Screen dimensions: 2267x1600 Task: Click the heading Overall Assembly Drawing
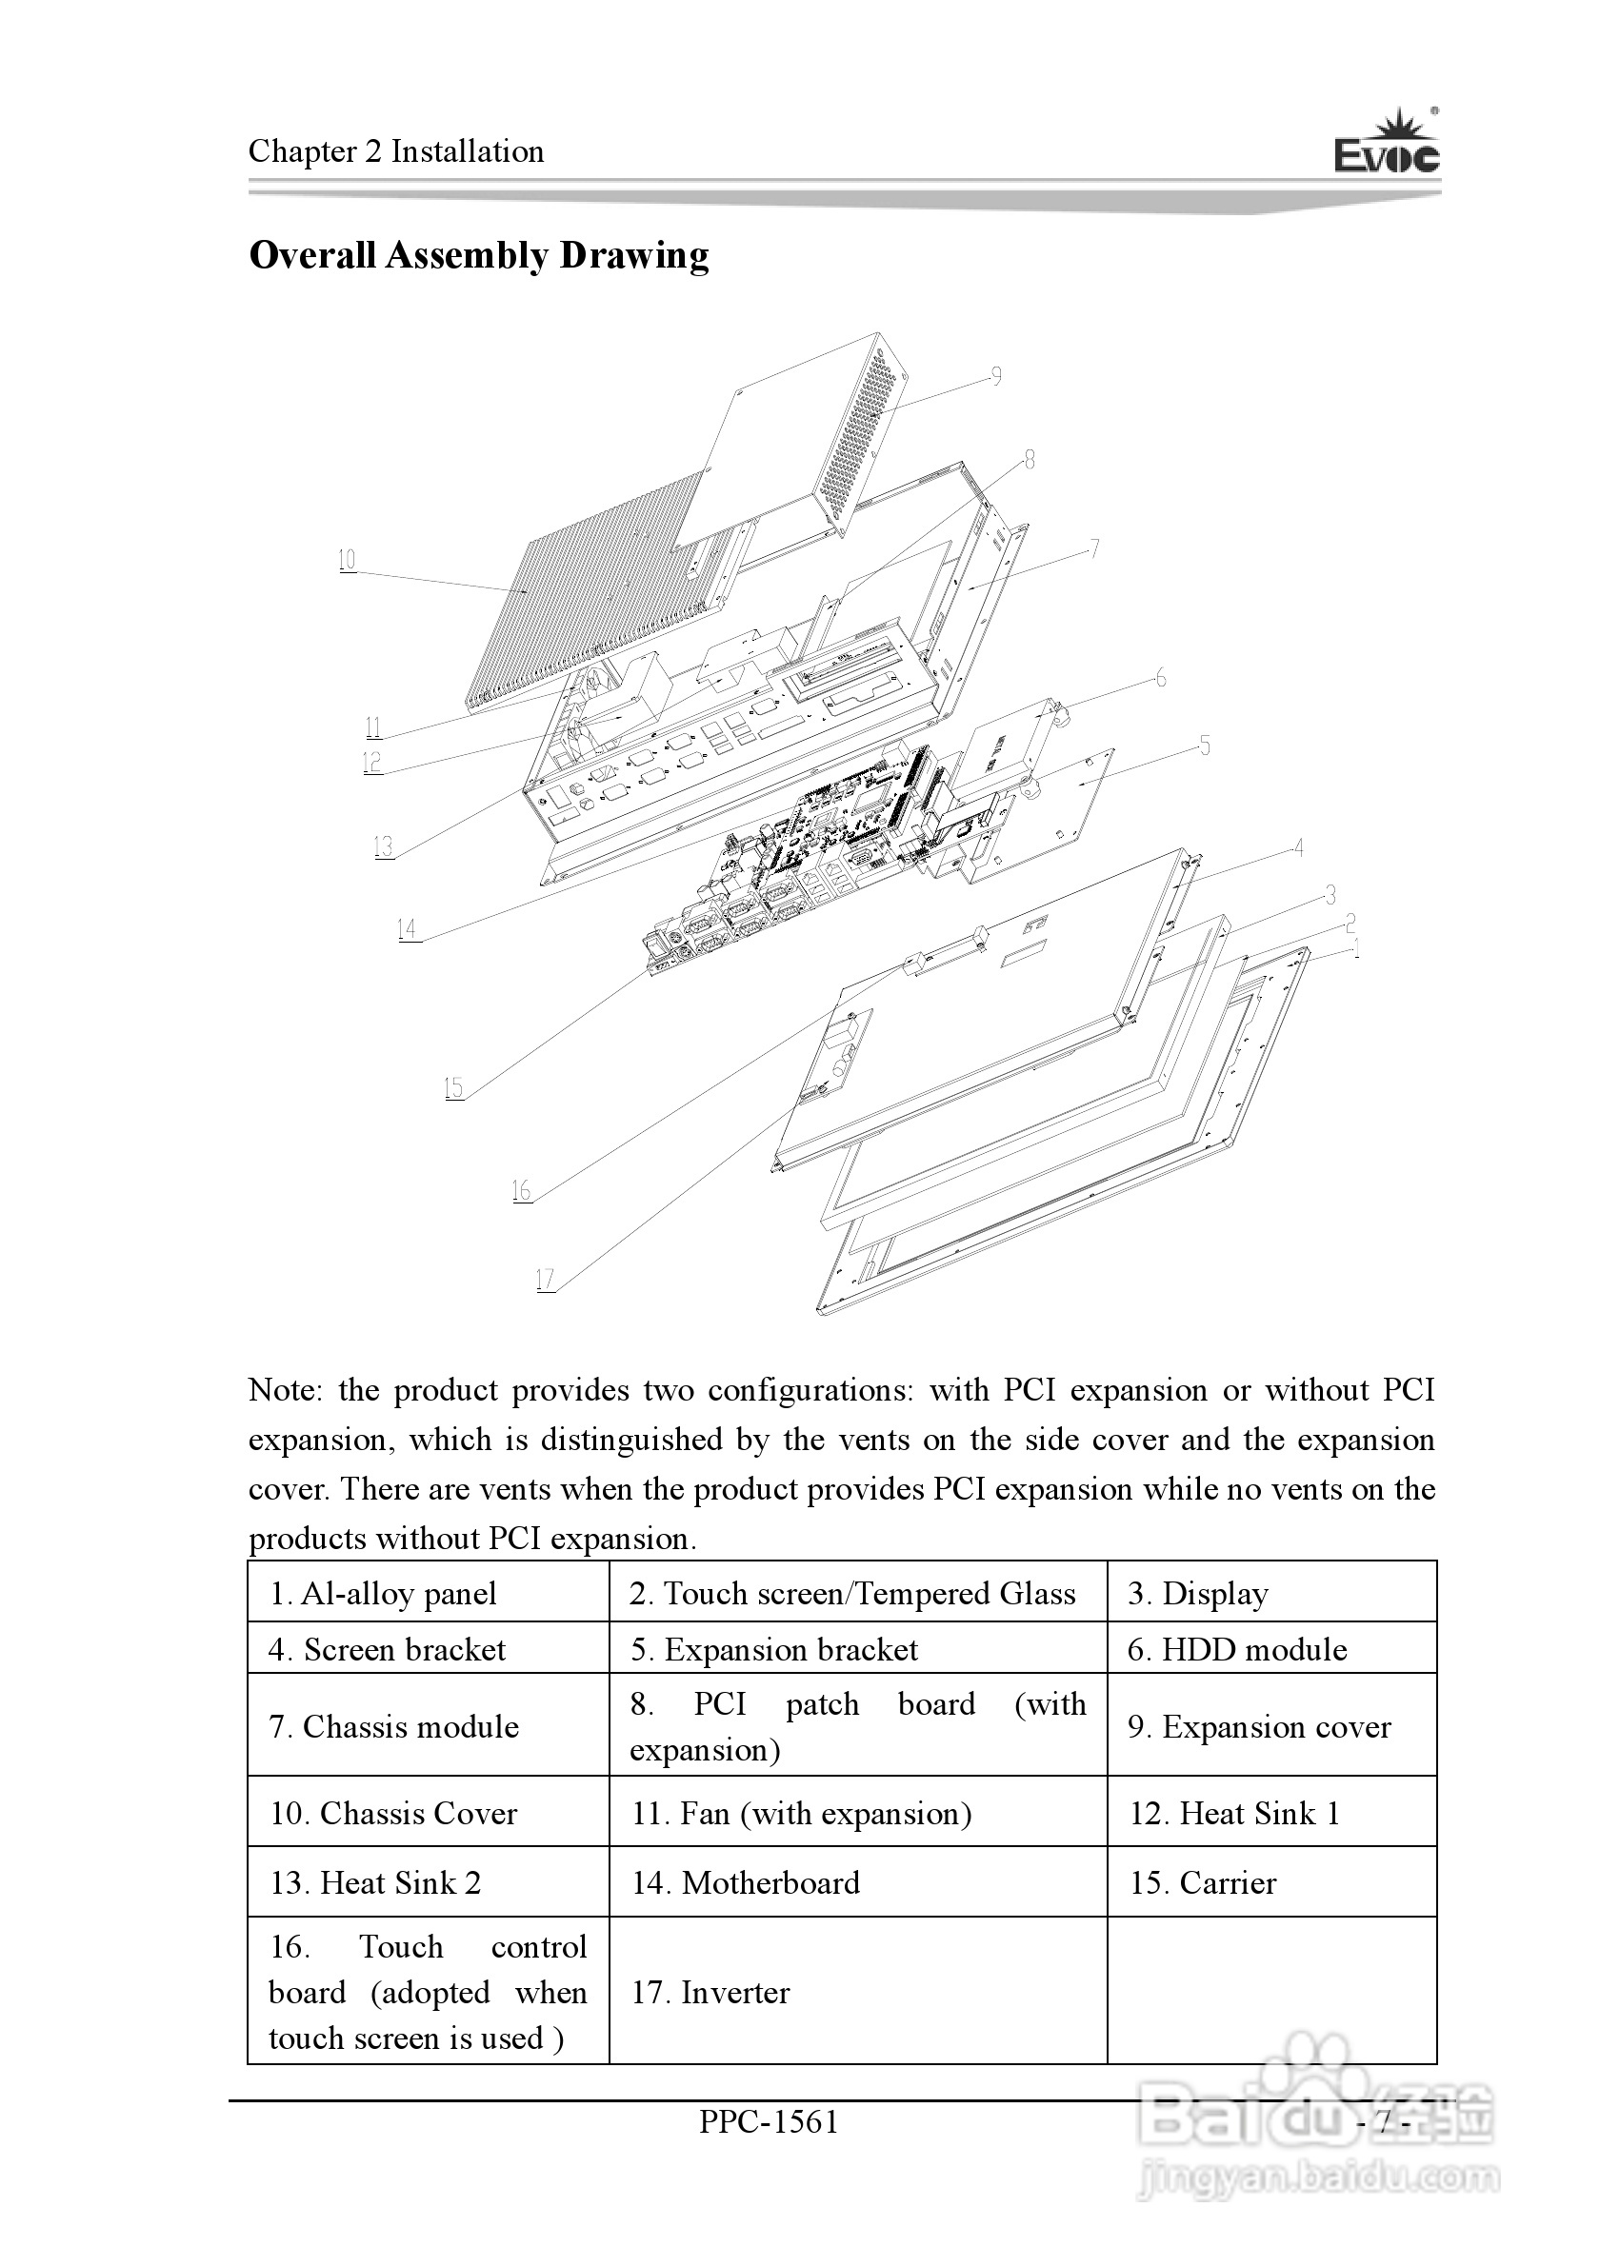479,256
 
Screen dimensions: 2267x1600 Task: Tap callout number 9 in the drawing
996,376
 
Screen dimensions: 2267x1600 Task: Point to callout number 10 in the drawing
347,561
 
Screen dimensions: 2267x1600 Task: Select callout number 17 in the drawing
545,1280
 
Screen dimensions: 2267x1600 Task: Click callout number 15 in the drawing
453,1088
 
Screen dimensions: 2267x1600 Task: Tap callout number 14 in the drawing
407,929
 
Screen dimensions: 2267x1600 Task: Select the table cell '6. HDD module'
1237,1650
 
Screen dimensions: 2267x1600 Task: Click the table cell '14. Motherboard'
746,1883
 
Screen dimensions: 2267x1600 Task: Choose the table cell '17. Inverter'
711,1993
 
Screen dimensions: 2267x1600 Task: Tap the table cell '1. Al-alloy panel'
384,1594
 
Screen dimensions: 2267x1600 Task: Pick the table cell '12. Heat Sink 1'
1234,1814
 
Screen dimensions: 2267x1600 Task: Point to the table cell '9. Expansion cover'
1259,1727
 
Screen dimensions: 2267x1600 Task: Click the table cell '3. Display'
1198,1594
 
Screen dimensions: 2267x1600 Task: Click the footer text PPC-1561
770,2122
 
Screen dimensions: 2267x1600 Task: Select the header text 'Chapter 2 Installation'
396,152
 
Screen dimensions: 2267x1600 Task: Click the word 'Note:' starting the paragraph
286,1390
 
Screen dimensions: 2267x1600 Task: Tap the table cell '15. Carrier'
1203,1883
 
